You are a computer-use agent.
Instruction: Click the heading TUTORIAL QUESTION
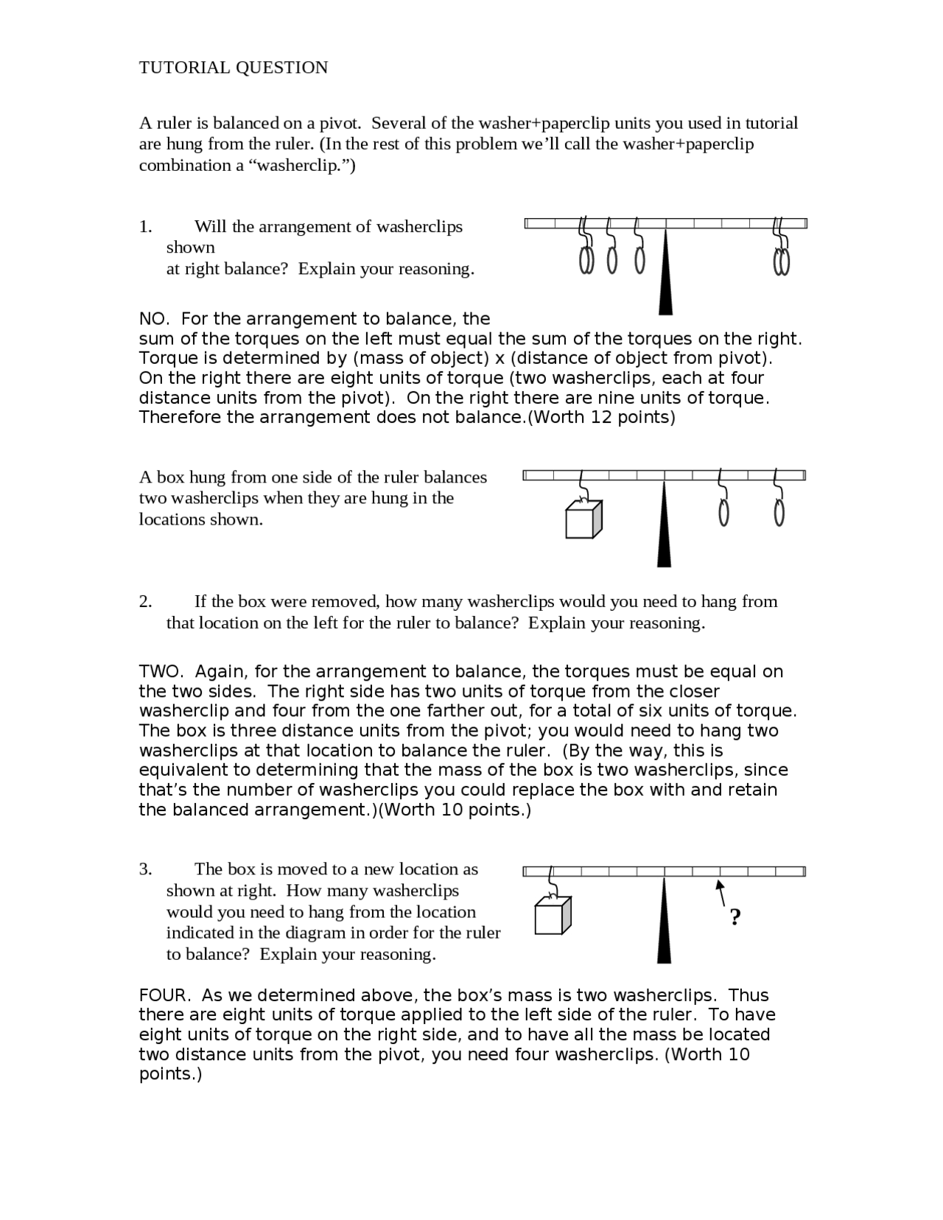click(x=234, y=68)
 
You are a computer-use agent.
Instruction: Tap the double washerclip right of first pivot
click(x=782, y=260)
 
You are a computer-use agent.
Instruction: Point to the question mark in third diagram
click(x=735, y=917)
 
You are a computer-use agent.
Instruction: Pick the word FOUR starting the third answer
click(x=164, y=995)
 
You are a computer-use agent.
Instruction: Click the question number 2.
click(x=145, y=602)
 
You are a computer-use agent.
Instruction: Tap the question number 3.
click(x=145, y=869)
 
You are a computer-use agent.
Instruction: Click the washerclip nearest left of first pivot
click(x=639, y=259)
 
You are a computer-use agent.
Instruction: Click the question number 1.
click(x=145, y=227)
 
